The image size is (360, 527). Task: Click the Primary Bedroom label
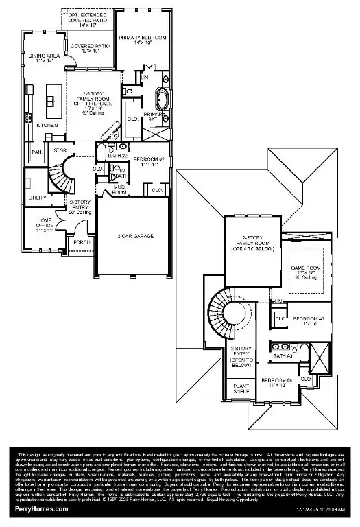click(x=143, y=40)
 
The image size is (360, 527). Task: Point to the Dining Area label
click(x=46, y=58)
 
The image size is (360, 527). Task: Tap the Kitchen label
click(x=47, y=126)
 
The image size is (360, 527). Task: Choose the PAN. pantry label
click(x=36, y=152)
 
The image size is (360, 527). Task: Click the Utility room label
click(x=37, y=198)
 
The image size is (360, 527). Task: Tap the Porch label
click(x=82, y=242)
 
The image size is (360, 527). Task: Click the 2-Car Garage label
click(x=134, y=236)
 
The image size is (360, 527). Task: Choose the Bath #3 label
click(x=283, y=356)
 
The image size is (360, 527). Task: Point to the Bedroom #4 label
click(x=277, y=382)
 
